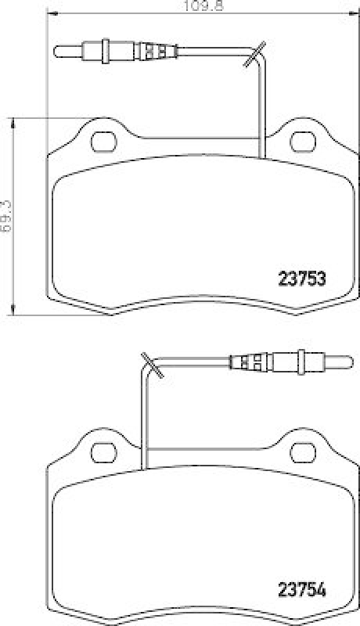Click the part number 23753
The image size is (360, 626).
(302, 277)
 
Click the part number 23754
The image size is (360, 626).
(302, 588)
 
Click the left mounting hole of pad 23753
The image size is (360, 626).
(103, 142)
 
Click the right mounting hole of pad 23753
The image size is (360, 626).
(301, 142)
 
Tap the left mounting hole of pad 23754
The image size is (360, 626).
(103, 451)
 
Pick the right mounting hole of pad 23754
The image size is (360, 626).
(301, 451)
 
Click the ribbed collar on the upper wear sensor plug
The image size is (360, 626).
(153, 52)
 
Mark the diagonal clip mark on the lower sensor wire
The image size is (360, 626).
(149, 365)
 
